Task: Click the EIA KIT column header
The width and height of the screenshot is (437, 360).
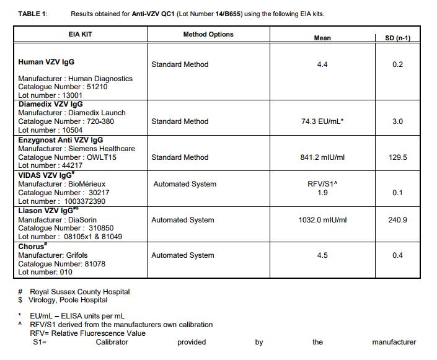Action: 79,34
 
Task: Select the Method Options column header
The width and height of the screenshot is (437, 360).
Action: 208,34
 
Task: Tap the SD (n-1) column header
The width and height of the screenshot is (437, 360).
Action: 397,38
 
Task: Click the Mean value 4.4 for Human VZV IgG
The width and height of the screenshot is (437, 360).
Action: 322,64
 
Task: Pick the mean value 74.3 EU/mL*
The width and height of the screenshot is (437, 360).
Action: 322,121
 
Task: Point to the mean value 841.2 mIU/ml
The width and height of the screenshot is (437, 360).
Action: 322,157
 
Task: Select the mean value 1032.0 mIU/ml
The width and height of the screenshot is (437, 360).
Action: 322,220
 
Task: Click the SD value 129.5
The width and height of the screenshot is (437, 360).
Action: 397,157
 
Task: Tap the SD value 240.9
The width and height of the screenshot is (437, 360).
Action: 397,220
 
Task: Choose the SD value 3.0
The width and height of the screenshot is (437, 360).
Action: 397,121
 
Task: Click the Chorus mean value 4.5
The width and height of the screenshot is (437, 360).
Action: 322,255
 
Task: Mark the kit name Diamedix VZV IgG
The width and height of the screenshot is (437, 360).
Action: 50,104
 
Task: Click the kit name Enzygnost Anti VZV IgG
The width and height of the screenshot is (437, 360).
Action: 60,140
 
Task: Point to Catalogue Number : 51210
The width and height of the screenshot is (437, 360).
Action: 63,87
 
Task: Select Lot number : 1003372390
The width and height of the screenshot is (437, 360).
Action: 62,201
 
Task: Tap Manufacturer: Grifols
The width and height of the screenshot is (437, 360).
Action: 53,255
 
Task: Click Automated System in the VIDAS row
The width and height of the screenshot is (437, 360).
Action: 185,184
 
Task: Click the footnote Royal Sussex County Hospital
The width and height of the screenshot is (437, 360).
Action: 79,291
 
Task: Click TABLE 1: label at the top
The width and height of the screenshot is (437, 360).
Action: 33,14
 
